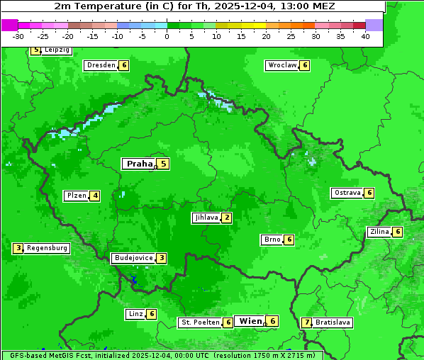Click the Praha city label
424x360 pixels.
point(139,164)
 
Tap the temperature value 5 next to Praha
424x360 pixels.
point(163,164)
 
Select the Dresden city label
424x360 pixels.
point(101,65)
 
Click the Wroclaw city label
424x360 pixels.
point(281,65)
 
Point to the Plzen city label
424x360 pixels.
point(76,196)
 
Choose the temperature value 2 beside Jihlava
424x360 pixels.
point(226,218)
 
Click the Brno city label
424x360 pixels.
point(272,240)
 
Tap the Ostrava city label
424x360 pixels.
point(346,193)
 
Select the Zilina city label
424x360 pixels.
point(379,232)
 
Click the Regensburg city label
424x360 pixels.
point(47,248)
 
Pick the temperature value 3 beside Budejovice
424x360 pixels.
point(162,258)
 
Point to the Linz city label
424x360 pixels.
point(135,314)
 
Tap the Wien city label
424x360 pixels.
point(251,321)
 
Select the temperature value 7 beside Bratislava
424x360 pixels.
point(306,322)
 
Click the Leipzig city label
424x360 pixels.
point(57,50)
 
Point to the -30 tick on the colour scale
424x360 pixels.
point(18,35)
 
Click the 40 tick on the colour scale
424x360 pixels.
point(365,35)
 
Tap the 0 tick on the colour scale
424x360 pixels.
point(167,35)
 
